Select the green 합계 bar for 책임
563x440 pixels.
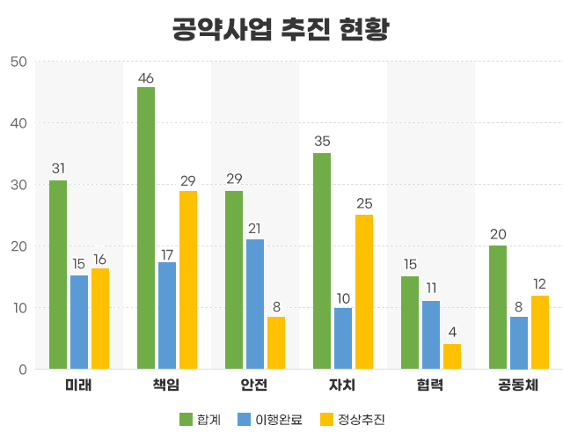[145, 228]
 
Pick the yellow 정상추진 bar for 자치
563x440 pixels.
[364, 292]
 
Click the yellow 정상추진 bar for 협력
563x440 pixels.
[452, 356]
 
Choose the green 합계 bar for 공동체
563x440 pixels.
[498, 307]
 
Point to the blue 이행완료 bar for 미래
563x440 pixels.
[79, 322]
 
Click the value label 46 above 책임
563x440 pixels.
[145, 77]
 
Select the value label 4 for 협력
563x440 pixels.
[452, 334]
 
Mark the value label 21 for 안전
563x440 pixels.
[255, 229]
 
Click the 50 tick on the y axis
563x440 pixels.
[18, 62]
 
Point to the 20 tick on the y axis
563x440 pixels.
[18, 246]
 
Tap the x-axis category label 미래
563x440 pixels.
[79, 385]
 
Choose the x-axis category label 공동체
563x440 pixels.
[519, 385]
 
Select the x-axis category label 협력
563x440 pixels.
[431, 385]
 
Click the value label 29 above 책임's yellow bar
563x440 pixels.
[188, 181]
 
